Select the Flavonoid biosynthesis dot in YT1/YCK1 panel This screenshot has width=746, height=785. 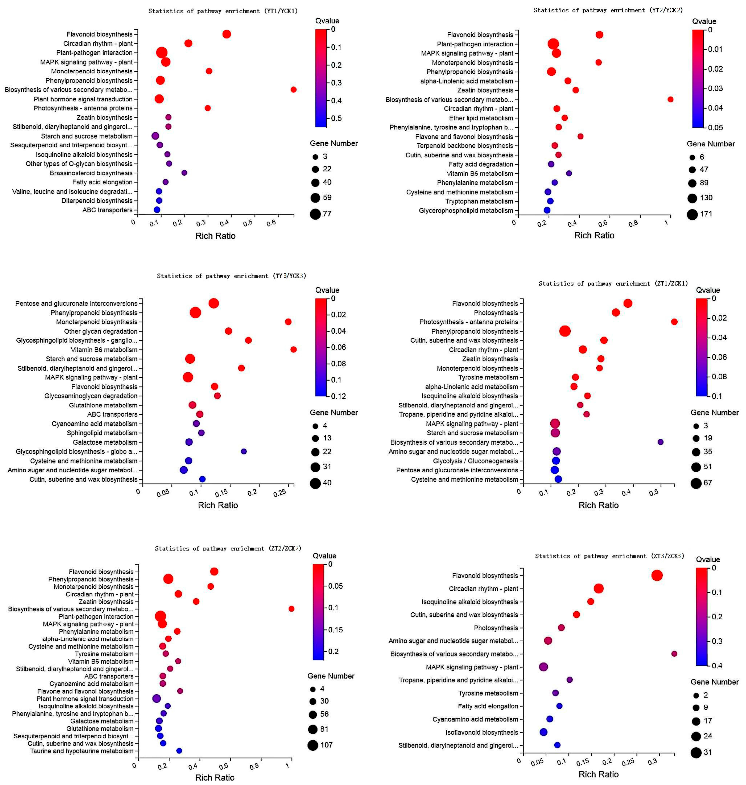[x=227, y=34]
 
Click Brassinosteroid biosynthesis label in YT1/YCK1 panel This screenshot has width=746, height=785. [x=91, y=173]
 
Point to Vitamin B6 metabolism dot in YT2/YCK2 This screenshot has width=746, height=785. [x=569, y=173]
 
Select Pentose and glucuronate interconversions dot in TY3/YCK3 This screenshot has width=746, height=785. [x=213, y=303]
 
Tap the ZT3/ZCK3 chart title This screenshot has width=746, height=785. [x=610, y=556]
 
